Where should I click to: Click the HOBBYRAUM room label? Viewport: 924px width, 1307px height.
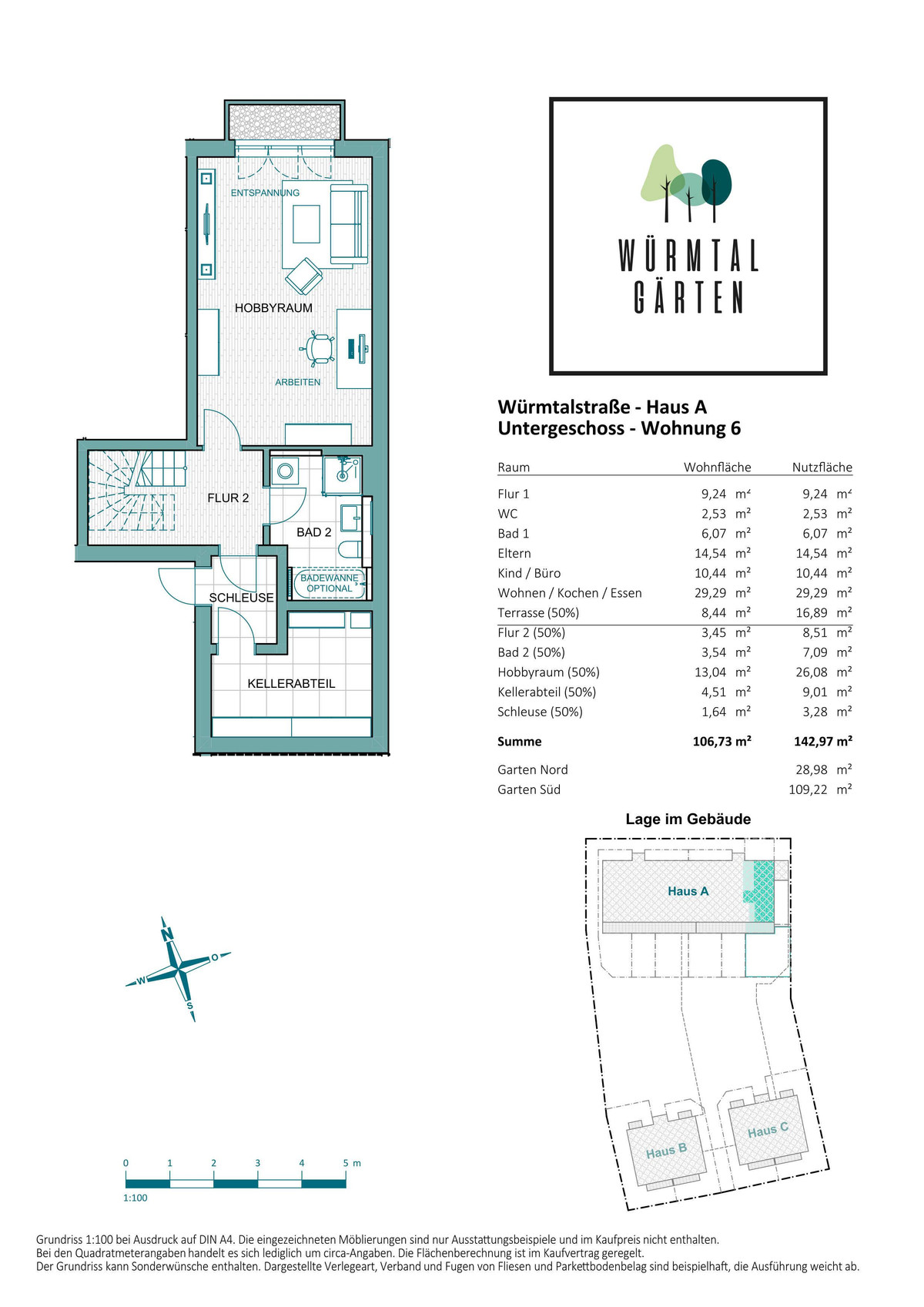[x=273, y=308]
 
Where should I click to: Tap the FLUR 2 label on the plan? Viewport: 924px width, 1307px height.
[x=228, y=498]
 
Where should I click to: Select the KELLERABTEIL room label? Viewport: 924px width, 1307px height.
[x=291, y=683]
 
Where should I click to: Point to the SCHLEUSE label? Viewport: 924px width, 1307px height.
[x=242, y=598]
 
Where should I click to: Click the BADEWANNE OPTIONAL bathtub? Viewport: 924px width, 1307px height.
[x=329, y=583]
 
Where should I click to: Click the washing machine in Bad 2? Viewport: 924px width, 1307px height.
[x=285, y=471]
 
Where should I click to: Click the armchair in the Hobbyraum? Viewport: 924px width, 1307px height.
[x=303, y=276]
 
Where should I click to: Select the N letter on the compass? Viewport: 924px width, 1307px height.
[x=167, y=935]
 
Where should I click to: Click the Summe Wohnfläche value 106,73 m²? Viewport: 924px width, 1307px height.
[x=721, y=741]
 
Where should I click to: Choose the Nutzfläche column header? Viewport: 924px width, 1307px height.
[x=822, y=467]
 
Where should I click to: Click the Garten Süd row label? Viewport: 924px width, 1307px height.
[x=528, y=789]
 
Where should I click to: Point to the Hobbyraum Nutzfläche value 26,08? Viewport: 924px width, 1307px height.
[x=812, y=672]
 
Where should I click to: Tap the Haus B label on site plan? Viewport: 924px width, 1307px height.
[x=666, y=1151]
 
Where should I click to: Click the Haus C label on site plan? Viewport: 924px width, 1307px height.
[x=768, y=1130]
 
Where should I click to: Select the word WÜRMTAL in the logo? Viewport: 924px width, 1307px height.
[x=688, y=255]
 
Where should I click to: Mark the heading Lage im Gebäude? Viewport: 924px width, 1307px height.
[x=688, y=819]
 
